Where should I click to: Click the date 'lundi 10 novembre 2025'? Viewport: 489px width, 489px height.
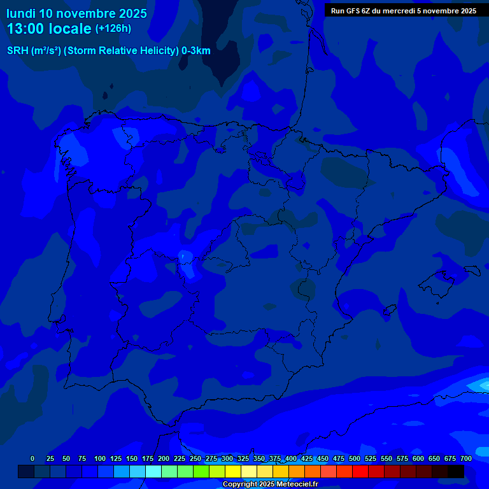76,13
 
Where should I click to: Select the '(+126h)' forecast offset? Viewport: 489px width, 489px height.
113,28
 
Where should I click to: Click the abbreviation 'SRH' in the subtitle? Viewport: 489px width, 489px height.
18,51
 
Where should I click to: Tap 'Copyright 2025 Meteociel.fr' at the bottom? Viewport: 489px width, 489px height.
270,485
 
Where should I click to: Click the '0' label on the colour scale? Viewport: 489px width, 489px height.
32,458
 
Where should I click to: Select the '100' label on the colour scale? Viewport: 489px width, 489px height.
100,458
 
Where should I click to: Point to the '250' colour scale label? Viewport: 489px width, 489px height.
195,458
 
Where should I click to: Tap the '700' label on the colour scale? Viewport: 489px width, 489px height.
466,458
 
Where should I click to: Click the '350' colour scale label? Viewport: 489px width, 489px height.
259,458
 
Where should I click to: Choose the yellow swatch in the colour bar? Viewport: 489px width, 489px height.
233,471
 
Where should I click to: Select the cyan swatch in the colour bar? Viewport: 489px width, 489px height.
153,471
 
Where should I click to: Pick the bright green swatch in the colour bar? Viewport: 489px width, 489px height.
201,471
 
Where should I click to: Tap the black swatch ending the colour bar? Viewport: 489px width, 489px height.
456,471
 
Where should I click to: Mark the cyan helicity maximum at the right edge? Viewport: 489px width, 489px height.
481,385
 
